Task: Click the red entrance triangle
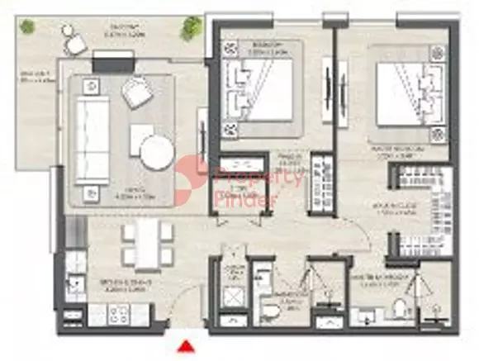coord(187,347)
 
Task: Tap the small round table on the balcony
coord(77,46)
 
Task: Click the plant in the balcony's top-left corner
coord(26,26)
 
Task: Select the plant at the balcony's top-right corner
coord(192,26)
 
